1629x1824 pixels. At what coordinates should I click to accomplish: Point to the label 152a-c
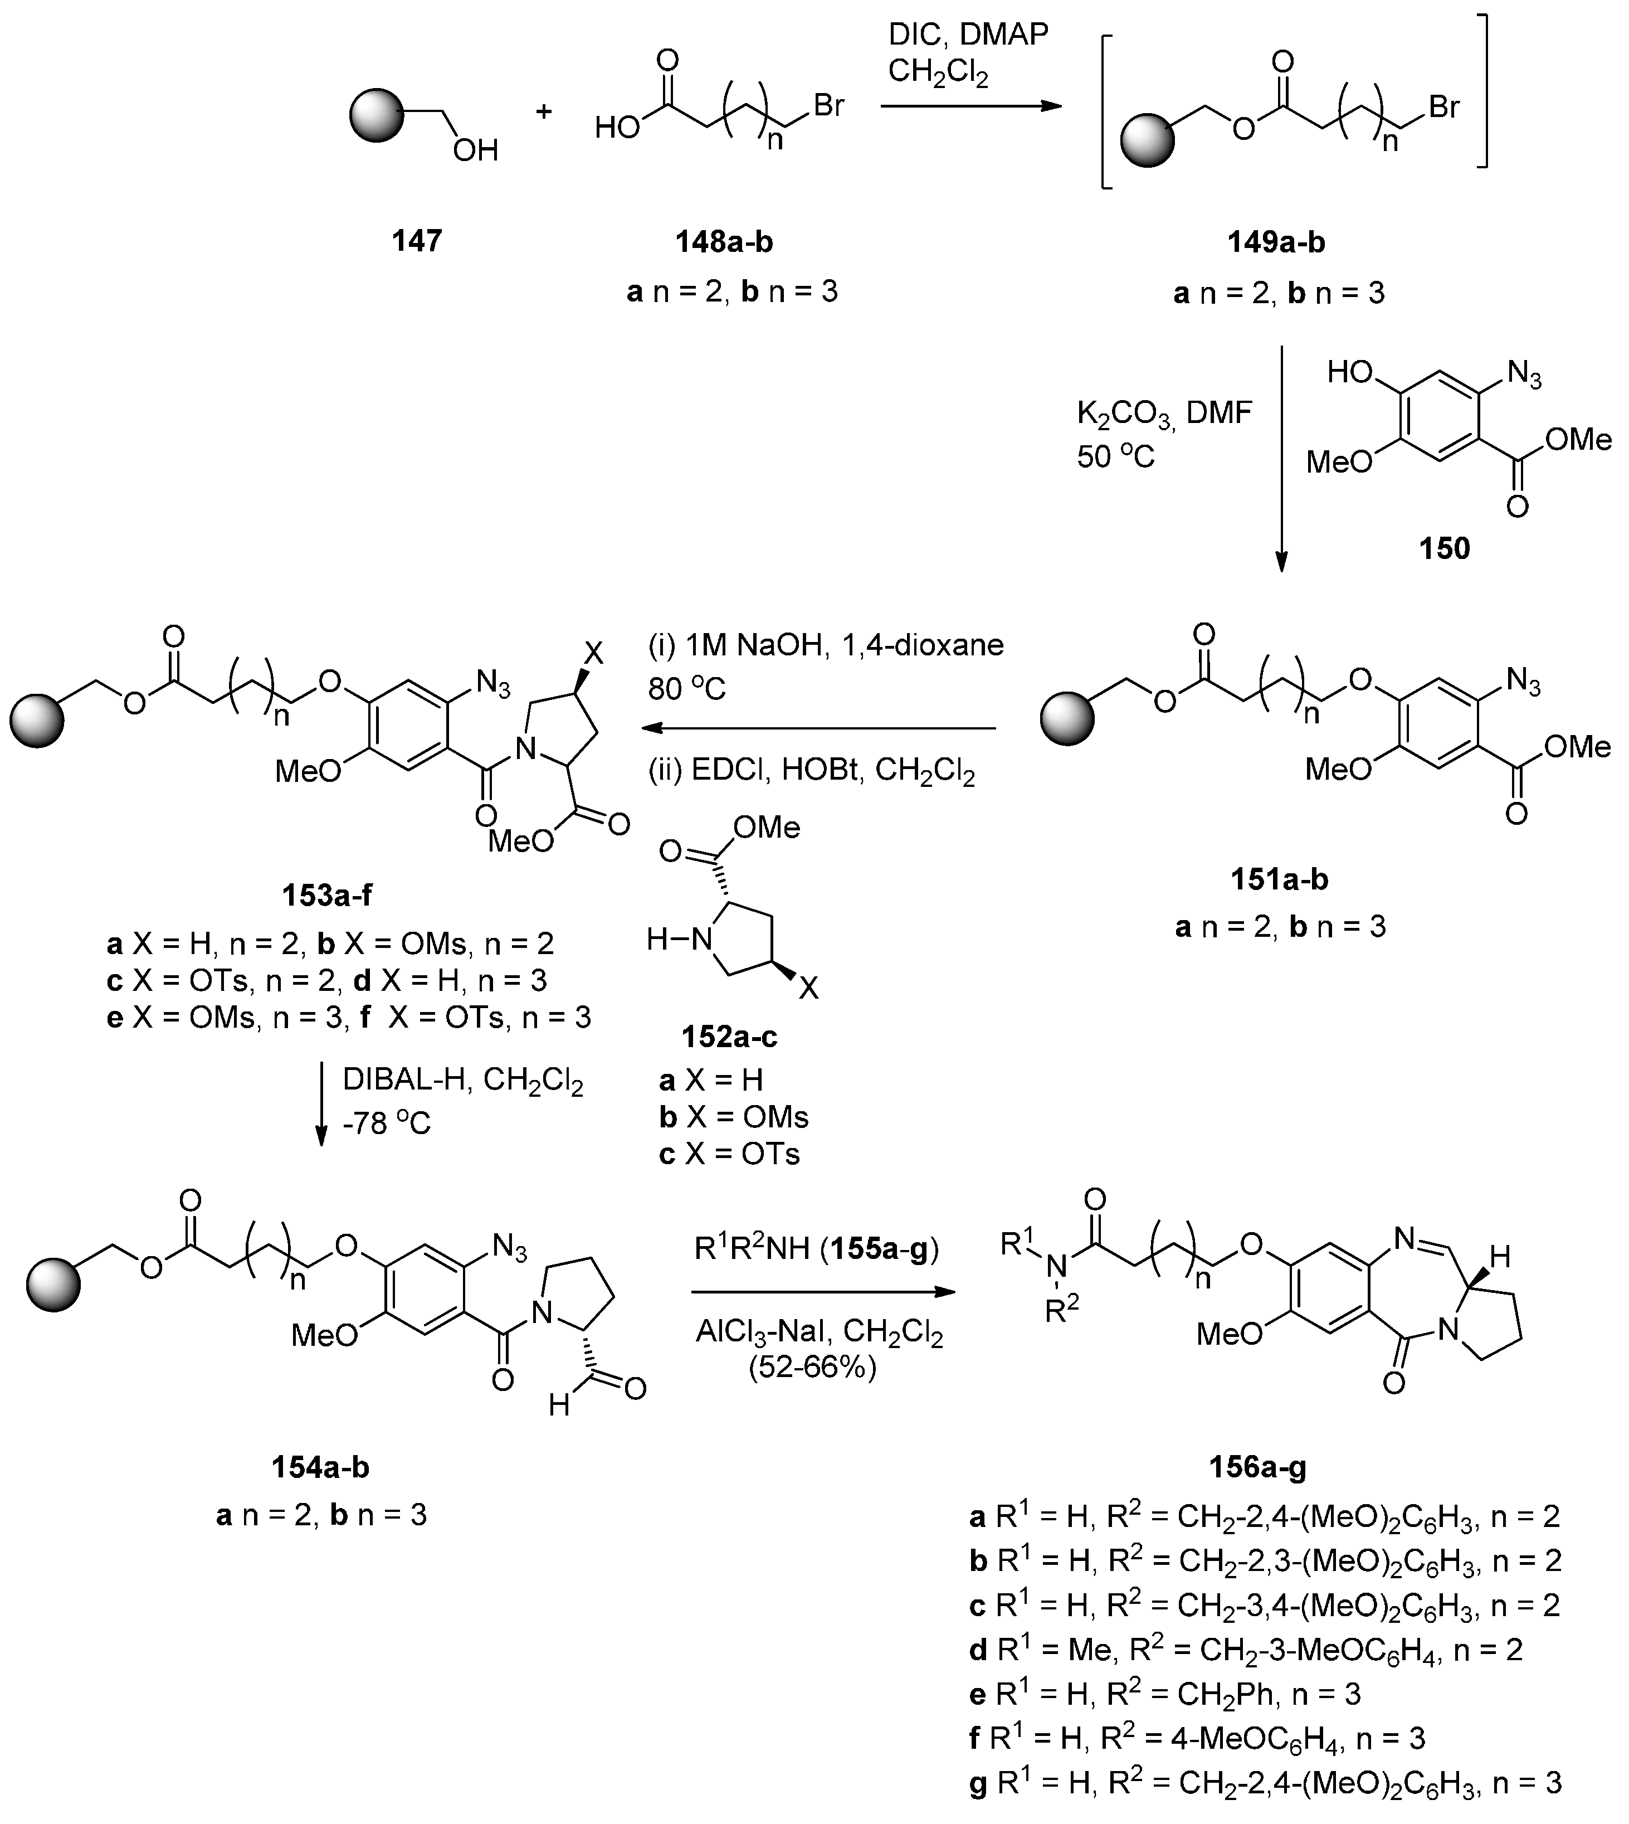click(x=729, y=1037)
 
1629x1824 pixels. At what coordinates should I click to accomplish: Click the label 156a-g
click(x=1257, y=1467)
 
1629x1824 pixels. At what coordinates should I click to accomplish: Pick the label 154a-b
click(x=320, y=1467)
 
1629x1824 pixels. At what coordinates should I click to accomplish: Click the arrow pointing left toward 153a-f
click(x=819, y=728)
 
